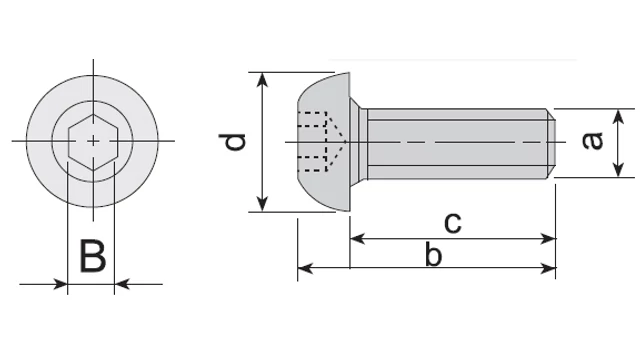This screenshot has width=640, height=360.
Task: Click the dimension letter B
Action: pyautogui.click(x=93, y=256)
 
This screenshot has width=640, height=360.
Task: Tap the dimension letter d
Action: pyautogui.click(x=233, y=142)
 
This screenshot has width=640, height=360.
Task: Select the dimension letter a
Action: pyautogui.click(x=592, y=141)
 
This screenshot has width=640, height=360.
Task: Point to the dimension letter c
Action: pyautogui.click(x=453, y=223)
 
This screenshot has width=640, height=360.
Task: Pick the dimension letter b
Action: pyautogui.click(x=433, y=254)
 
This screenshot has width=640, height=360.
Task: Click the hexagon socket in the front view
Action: pyautogui.click(x=93, y=142)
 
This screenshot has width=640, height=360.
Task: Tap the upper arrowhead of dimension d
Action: pyautogui.click(x=263, y=80)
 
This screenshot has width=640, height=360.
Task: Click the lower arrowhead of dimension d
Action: pyautogui.click(x=263, y=204)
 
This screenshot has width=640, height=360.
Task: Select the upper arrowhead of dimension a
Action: pyautogui.click(x=619, y=117)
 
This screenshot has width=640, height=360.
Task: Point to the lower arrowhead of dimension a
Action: pyautogui.click(x=619, y=170)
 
